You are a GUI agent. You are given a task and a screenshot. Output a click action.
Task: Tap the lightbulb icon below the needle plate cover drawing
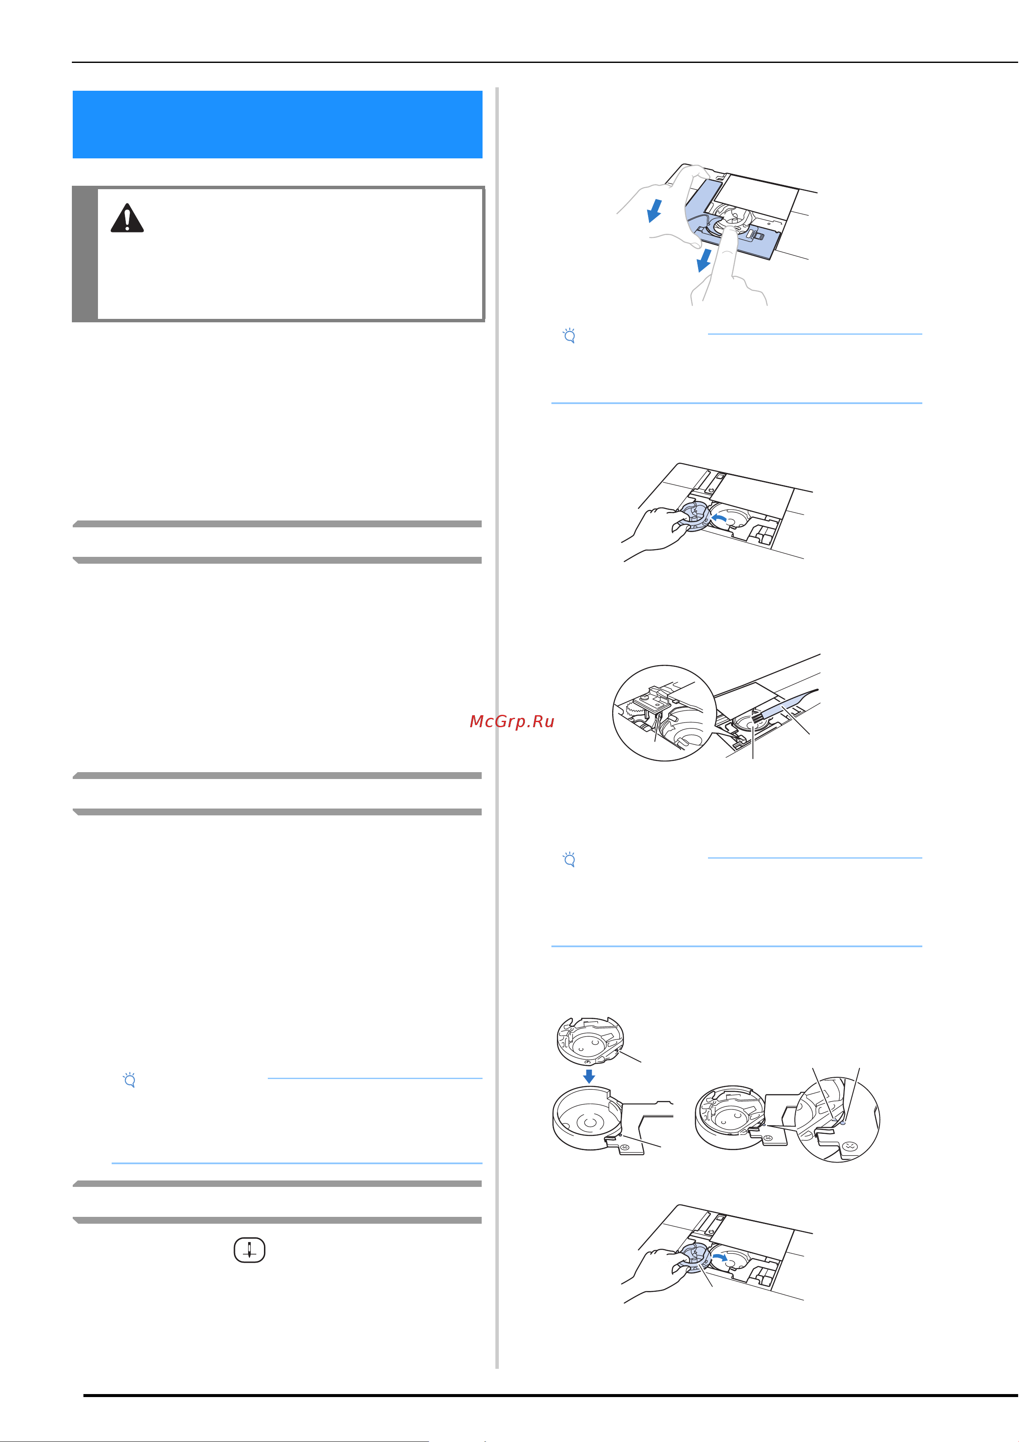(569, 336)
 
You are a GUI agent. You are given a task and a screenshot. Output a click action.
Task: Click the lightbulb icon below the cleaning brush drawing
(569, 859)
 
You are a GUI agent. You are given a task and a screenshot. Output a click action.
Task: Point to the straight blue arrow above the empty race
(589, 1076)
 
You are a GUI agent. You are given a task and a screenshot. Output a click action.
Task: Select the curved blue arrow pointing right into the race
(720, 1259)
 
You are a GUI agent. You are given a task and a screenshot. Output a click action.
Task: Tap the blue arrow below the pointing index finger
(705, 260)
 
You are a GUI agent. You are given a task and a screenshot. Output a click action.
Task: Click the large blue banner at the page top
(278, 125)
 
